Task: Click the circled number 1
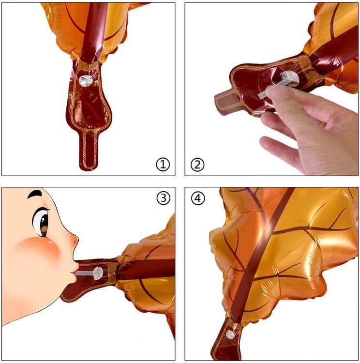coord(163,165)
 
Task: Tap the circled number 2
coord(197,165)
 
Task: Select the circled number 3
coord(164,198)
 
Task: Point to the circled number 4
coord(198,198)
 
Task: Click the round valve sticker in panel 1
coord(86,81)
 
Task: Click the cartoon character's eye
coord(41,222)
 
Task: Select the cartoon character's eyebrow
coord(35,194)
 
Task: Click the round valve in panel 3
coord(98,273)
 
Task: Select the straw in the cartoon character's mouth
coord(85,273)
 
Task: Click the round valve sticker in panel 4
coord(230,334)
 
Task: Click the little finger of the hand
coord(278,148)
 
